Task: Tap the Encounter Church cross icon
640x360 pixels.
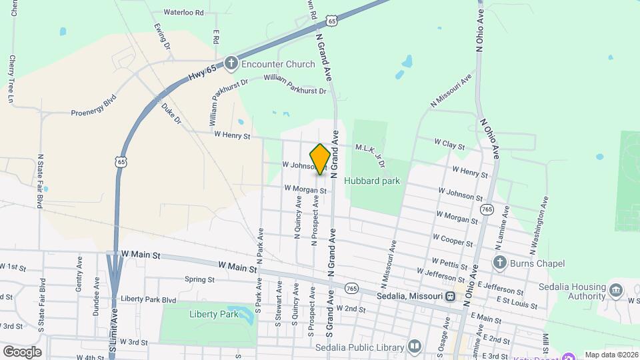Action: tap(231, 64)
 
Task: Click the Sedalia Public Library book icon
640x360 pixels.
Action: tap(415, 347)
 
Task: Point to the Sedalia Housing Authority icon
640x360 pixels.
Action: tap(615, 290)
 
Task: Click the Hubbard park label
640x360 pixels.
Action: tap(372, 180)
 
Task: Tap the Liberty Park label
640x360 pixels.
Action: tap(209, 314)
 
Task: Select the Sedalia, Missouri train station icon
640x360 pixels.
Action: tap(451, 296)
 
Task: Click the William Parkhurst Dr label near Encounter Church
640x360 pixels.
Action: tap(295, 85)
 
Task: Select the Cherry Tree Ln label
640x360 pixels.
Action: tap(11, 79)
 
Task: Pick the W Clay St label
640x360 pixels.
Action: tap(449, 143)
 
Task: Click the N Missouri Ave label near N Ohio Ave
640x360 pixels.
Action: tap(451, 91)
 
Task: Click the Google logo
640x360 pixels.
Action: tap(22, 351)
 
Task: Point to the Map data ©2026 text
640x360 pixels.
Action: tap(611, 355)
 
